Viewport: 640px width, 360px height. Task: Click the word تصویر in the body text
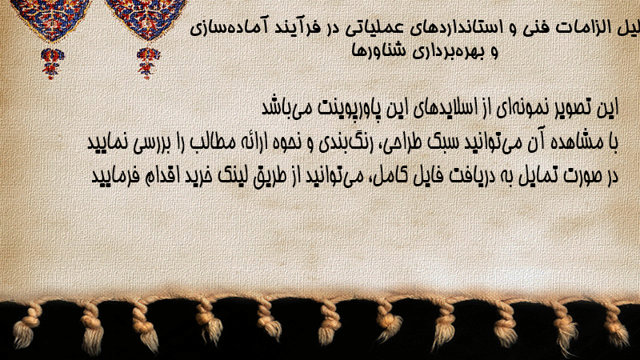[574, 108]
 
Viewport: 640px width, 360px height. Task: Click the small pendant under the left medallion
[52, 63]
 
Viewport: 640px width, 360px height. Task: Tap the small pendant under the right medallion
[148, 62]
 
